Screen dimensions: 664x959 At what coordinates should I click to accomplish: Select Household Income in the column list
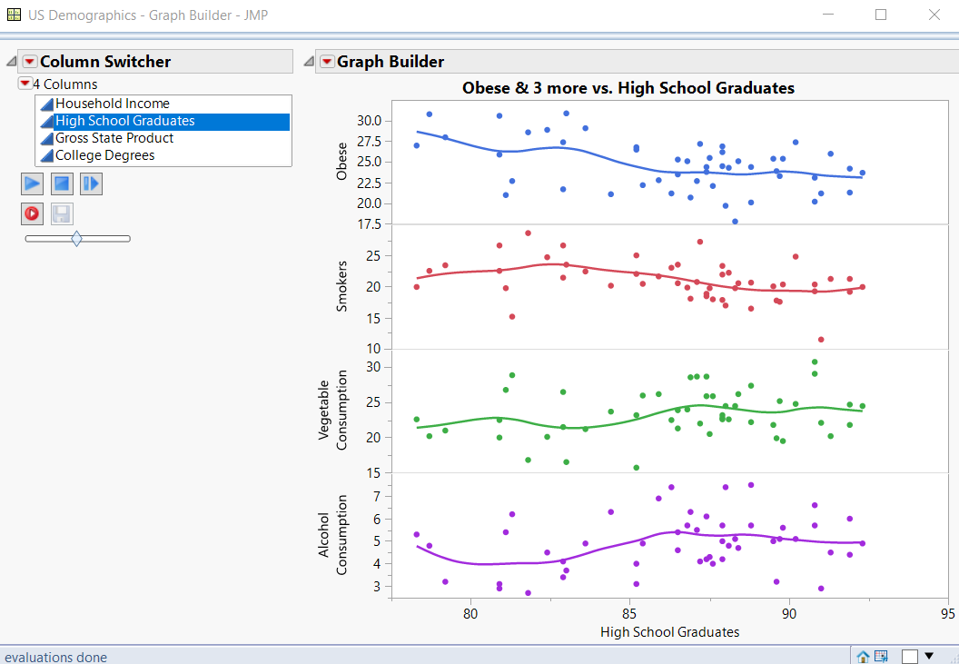113,104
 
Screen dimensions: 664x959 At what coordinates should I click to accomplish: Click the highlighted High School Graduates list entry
125,121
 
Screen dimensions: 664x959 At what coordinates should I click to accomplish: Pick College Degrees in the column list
104,155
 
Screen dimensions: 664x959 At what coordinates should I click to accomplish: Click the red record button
32,213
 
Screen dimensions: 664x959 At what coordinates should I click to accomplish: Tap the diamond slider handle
76,239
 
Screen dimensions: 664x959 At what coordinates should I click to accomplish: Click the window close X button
934,15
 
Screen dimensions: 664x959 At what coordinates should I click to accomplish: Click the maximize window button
880,15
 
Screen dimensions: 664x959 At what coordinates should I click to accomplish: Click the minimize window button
827,15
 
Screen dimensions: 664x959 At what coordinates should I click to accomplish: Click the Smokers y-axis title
342,286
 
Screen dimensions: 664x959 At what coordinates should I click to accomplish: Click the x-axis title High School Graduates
669,632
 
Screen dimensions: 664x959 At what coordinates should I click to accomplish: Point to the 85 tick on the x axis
630,613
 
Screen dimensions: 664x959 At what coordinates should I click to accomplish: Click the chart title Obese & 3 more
628,88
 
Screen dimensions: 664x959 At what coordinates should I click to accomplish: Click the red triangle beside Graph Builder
327,62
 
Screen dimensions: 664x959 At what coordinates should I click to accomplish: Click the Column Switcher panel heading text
105,62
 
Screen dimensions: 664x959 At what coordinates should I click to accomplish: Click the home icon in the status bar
863,656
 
